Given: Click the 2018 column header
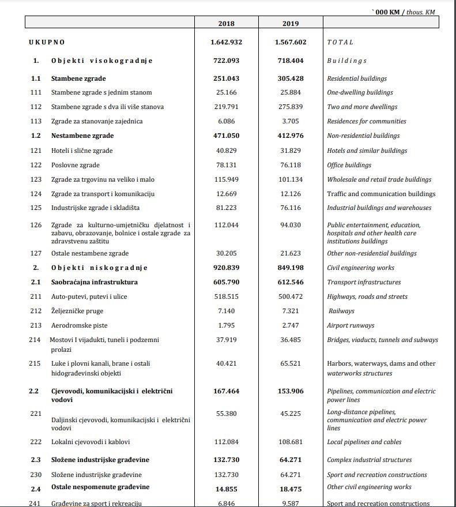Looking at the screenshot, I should [x=226, y=24].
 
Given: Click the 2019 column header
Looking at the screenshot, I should [x=291, y=24].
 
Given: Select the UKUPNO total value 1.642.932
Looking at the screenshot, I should [x=226, y=42].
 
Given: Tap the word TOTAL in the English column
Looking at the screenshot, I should [x=340, y=42].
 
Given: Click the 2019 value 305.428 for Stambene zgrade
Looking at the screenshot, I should [x=291, y=78].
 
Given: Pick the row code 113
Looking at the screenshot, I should [x=35, y=121].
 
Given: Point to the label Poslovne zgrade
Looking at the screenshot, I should [x=75, y=165].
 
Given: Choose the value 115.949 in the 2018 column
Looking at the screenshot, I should [x=226, y=179].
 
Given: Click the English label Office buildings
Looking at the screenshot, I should [x=349, y=165].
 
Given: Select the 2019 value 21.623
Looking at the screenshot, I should [x=291, y=253].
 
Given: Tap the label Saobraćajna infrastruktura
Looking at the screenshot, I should [x=94, y=282].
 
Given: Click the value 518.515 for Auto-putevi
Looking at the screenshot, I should [x=226, y=296].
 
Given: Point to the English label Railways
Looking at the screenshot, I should [x=341, y=311].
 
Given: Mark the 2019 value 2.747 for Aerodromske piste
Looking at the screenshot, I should [x=291, y=325].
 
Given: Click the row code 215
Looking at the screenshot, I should [x=35, y=363].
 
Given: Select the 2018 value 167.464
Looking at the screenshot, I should [x=226, y=391].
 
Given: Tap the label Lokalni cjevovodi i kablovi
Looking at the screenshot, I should [x=91, y=442].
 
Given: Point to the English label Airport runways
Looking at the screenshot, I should [x=351, y=325].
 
